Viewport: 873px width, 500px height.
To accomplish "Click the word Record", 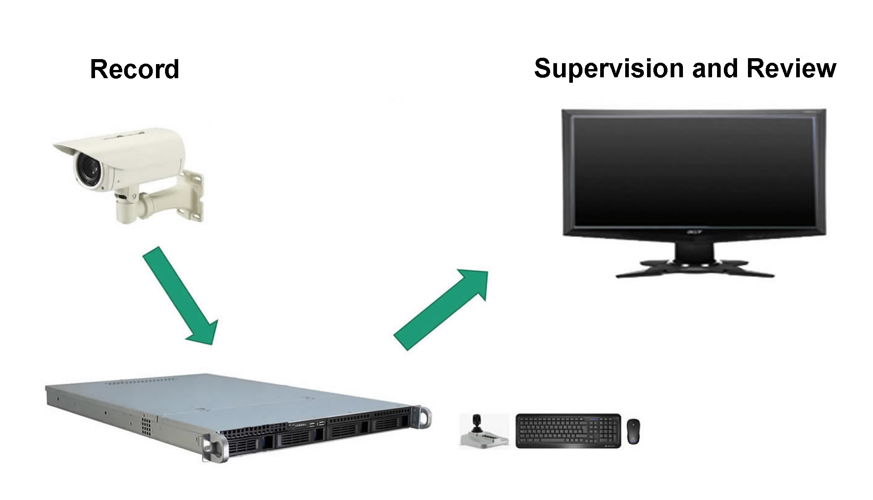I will coord(135,70).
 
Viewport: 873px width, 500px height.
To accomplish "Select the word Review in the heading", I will coord(791,68).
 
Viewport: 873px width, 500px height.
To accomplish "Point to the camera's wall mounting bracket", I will coord(191,195).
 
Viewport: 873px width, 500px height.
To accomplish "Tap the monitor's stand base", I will coord(695,268).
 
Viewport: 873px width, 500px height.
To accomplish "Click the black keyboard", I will coord(568,430).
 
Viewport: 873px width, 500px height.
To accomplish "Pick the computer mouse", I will coord(633,431).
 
